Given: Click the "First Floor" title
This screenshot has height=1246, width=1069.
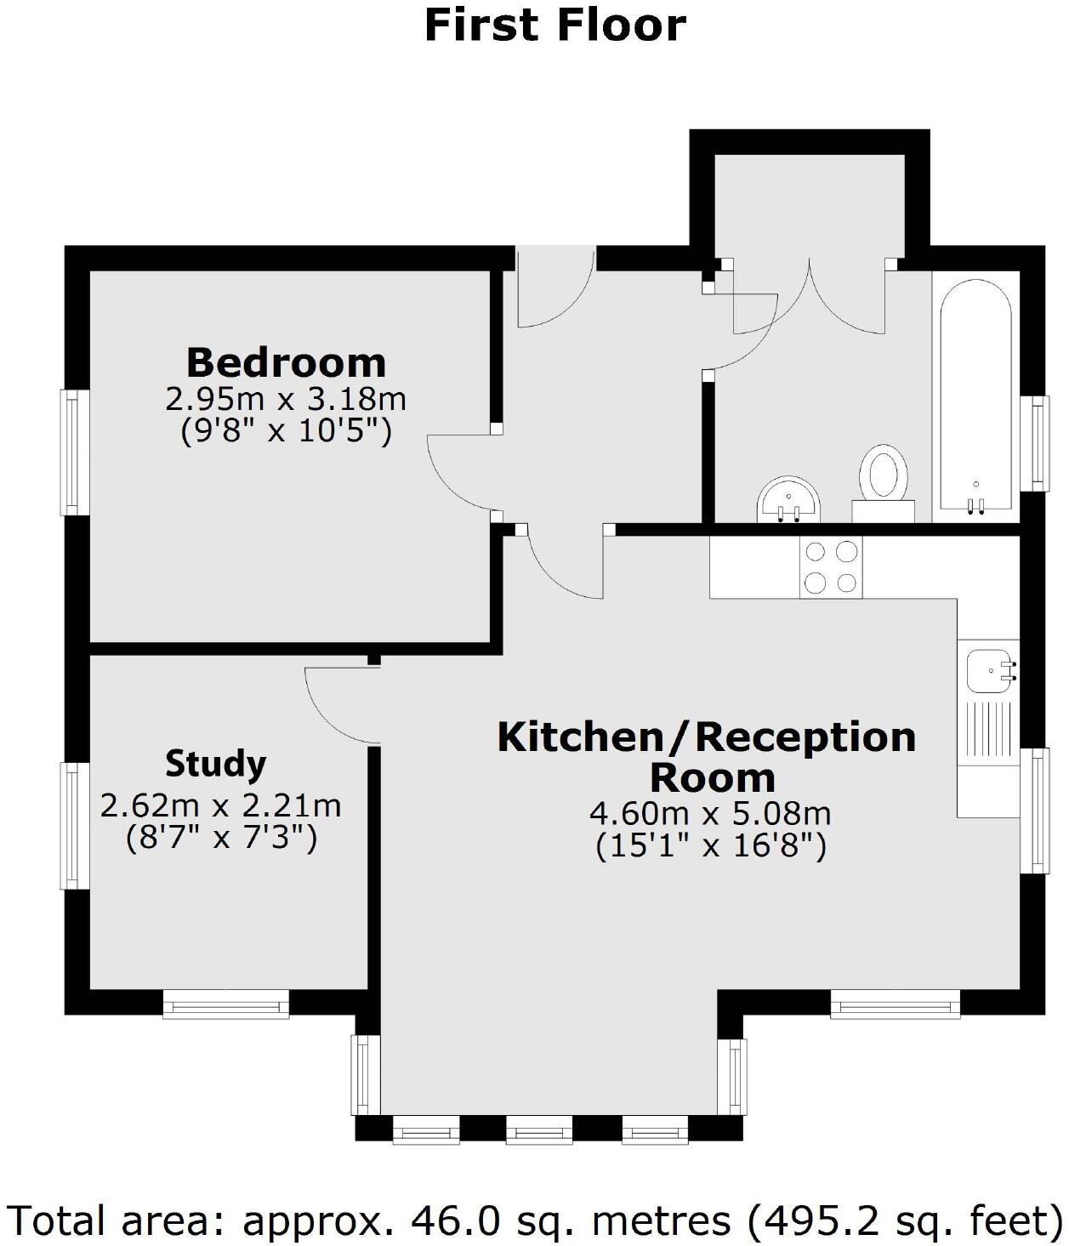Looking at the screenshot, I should (554, 25).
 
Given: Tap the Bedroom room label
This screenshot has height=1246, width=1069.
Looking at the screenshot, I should (286, 362).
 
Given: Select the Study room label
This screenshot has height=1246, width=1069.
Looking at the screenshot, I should (215, 763).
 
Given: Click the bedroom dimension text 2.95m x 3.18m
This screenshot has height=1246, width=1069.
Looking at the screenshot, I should (286, 398).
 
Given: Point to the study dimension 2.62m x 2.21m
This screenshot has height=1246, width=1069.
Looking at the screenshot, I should (220, 805).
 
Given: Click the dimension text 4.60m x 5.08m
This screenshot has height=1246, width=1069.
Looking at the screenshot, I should (710, 813).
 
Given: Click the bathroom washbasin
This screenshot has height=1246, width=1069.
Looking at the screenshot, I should (788, 499).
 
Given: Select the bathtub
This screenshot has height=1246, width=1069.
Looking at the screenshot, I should (975, 395).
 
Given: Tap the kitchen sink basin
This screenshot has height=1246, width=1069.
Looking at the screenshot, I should (987, 670).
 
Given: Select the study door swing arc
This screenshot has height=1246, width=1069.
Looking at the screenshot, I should (336, 706).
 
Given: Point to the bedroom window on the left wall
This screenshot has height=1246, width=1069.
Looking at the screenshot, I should (74, 452).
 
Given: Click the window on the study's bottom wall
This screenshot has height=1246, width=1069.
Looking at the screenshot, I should (226, 1004).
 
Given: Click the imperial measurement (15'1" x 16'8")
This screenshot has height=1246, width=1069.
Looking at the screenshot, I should (710, 846).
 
